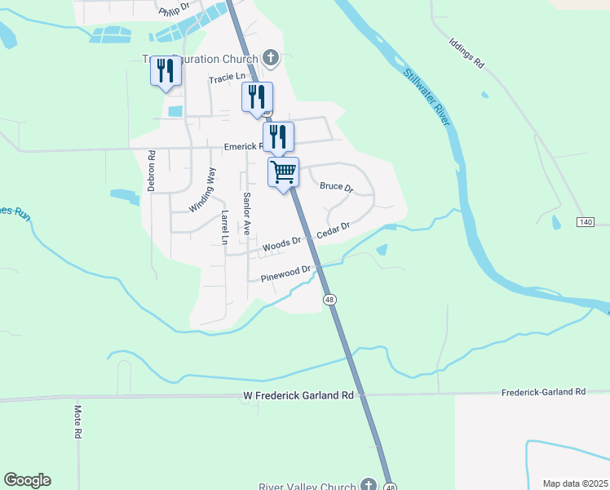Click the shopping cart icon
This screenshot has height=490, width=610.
(283, 172)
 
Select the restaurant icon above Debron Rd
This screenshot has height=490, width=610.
(166, 71)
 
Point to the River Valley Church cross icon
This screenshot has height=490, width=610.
(369, 485)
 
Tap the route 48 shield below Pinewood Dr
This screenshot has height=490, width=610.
(329, 300)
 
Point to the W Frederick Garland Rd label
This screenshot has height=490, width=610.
(298, 395)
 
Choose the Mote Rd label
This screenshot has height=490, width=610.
(79, 422)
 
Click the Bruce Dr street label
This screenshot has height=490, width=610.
(336, 187)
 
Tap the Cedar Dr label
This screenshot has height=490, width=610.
(333, 230)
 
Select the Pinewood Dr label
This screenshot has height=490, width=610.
(285, 274)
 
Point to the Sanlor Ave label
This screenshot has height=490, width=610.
(245, 213)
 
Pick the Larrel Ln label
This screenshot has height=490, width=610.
(223, 227)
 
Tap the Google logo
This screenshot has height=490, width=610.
(27, 480)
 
